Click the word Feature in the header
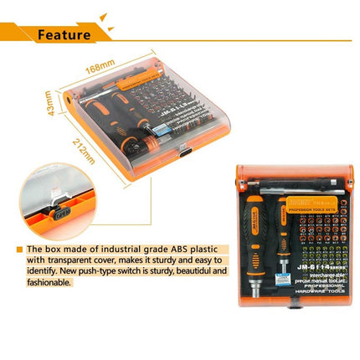tap(64, 34)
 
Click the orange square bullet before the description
tap(18, 249)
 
